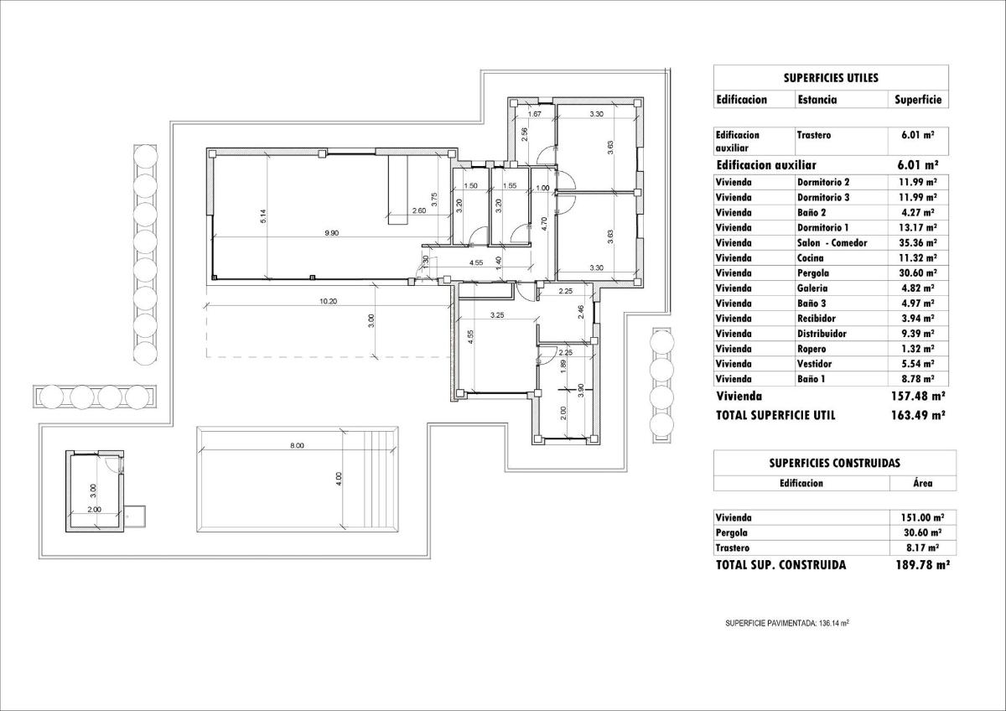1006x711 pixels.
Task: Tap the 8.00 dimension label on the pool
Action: (297, 446)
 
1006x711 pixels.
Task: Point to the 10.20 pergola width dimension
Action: (329, 302)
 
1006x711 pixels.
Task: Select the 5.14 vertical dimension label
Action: (262, 215)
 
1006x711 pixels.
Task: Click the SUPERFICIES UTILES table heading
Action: (831, 77)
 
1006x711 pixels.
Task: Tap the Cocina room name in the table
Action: (812, 257)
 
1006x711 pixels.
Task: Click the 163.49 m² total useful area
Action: (918, 414)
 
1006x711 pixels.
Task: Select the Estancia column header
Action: (816, 99)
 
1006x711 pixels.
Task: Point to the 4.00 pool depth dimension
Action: (339, 479)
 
